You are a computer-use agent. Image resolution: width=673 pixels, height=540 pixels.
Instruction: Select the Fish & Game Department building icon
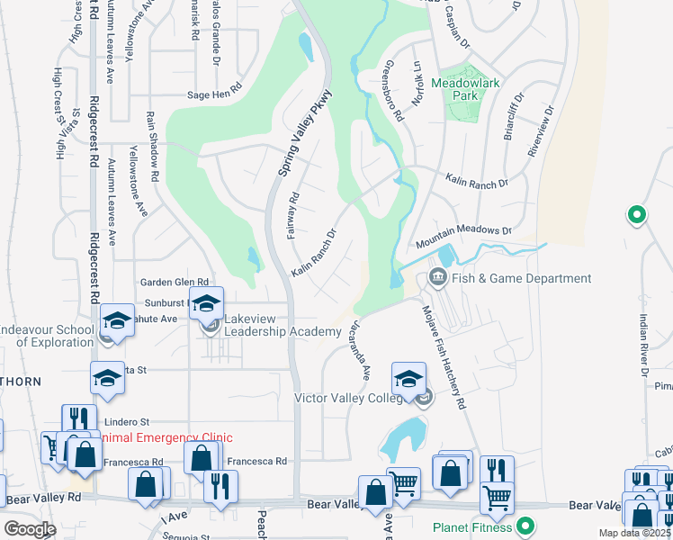(x=438, y=276)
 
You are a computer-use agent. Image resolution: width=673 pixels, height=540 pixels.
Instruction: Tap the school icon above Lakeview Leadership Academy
(x=206, y=303)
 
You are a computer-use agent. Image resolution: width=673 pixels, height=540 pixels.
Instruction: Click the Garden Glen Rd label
(x=174, y=282)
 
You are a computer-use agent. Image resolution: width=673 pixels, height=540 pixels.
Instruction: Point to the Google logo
(x=30, y=529)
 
